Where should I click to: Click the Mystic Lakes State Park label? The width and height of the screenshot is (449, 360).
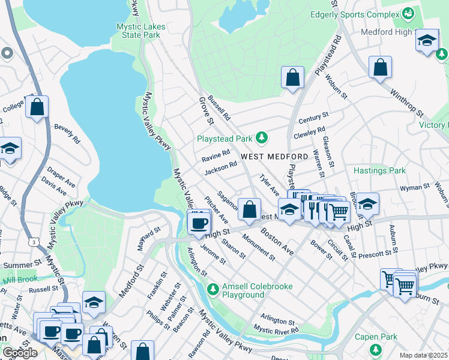tap(138, 30)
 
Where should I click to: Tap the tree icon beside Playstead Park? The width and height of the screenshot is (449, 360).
tap(261, 139)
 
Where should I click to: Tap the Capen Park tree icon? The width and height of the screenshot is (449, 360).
tap(376, 349)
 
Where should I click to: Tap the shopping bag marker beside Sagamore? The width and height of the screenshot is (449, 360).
tap(249, 209)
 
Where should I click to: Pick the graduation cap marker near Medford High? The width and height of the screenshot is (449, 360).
tap(427, 41)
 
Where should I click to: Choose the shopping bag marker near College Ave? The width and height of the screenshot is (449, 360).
tap(37, 107)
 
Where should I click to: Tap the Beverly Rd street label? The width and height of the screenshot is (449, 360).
tap(67, 134)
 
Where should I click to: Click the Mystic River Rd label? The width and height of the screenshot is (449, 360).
tap(276, 329)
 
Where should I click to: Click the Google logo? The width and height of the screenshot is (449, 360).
tap(20, 353)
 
